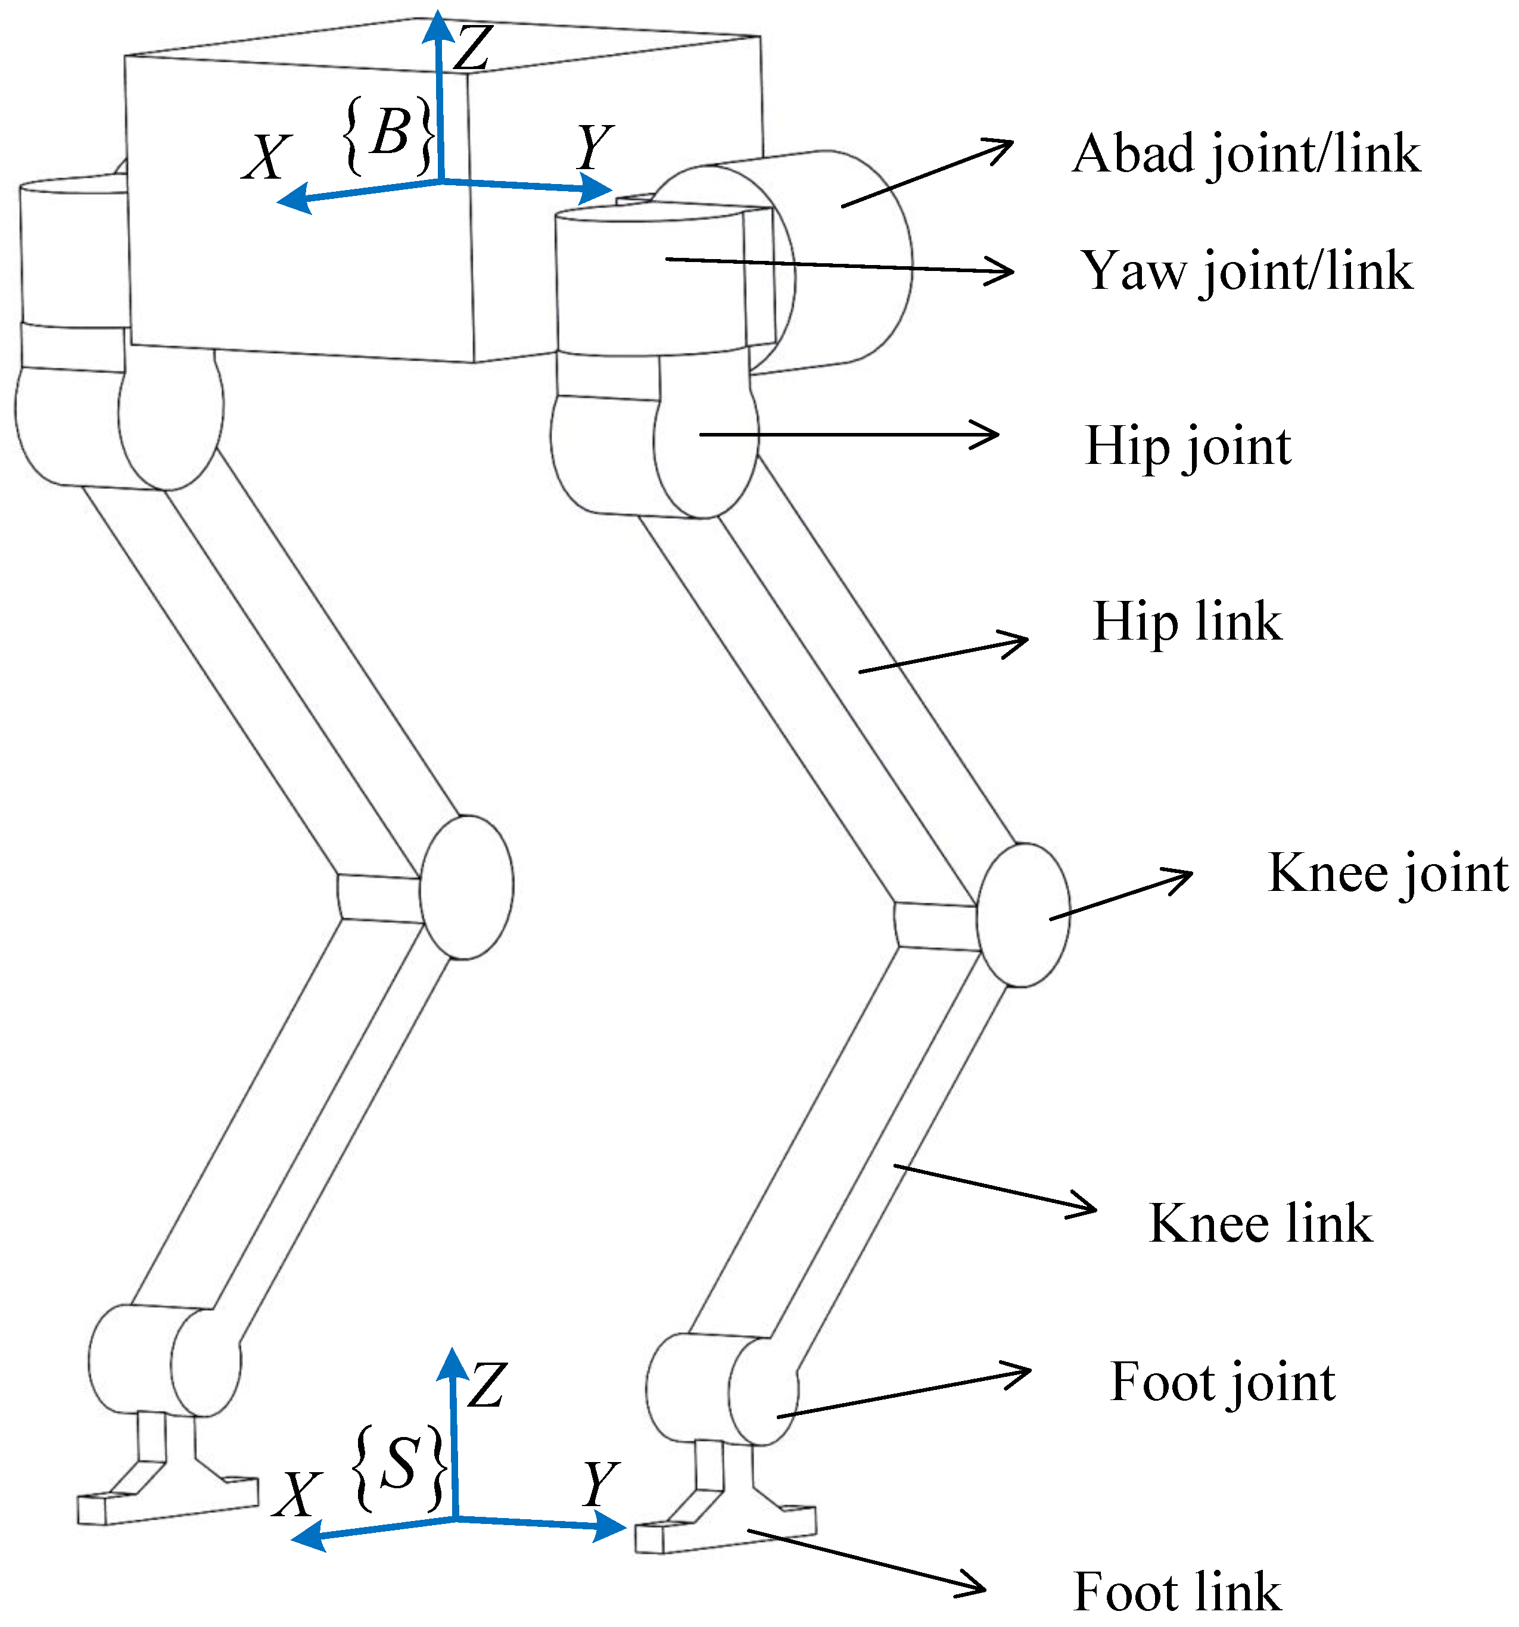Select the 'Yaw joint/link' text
1246,272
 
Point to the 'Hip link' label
1187,622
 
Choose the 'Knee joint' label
1388,873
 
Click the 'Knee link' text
1260,1224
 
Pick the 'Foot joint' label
1222,1383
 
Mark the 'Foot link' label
1177,1592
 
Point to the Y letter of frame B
595,147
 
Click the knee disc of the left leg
466,886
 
